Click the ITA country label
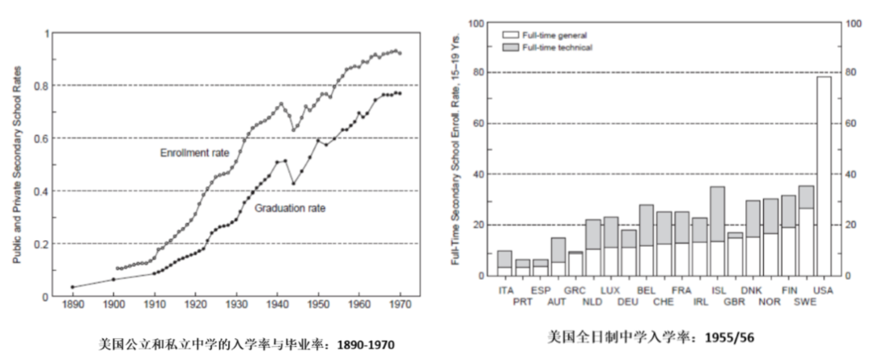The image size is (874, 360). tap(506, 290)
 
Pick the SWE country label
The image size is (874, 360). tap(805, 302)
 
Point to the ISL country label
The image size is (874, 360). tap(718, 290)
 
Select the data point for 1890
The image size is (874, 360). tap(72, 286)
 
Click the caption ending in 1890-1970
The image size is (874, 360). tap(228, 344)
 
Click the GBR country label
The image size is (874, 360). tap(735, 302)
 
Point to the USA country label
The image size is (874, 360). tap(825, 290)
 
